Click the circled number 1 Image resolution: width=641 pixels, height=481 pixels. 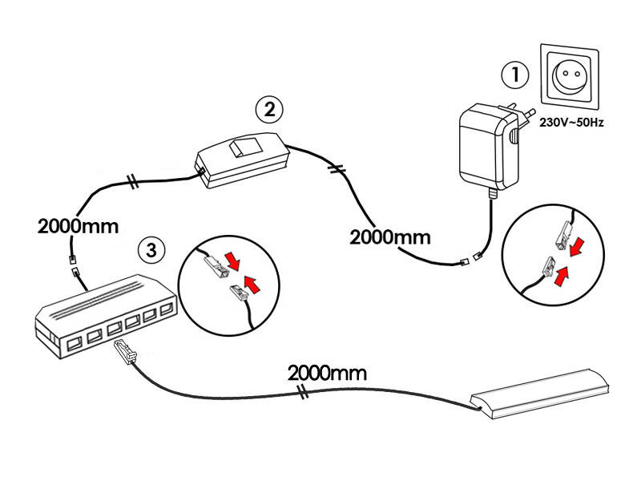[515, 75]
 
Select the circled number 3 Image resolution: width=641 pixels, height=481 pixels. [151, 249]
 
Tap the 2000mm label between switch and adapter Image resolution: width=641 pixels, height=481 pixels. [390, 236]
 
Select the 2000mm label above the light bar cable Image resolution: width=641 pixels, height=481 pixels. [327, 372]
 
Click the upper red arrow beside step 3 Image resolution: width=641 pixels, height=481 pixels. [234, 261]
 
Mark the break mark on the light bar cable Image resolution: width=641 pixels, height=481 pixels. [303, 393]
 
